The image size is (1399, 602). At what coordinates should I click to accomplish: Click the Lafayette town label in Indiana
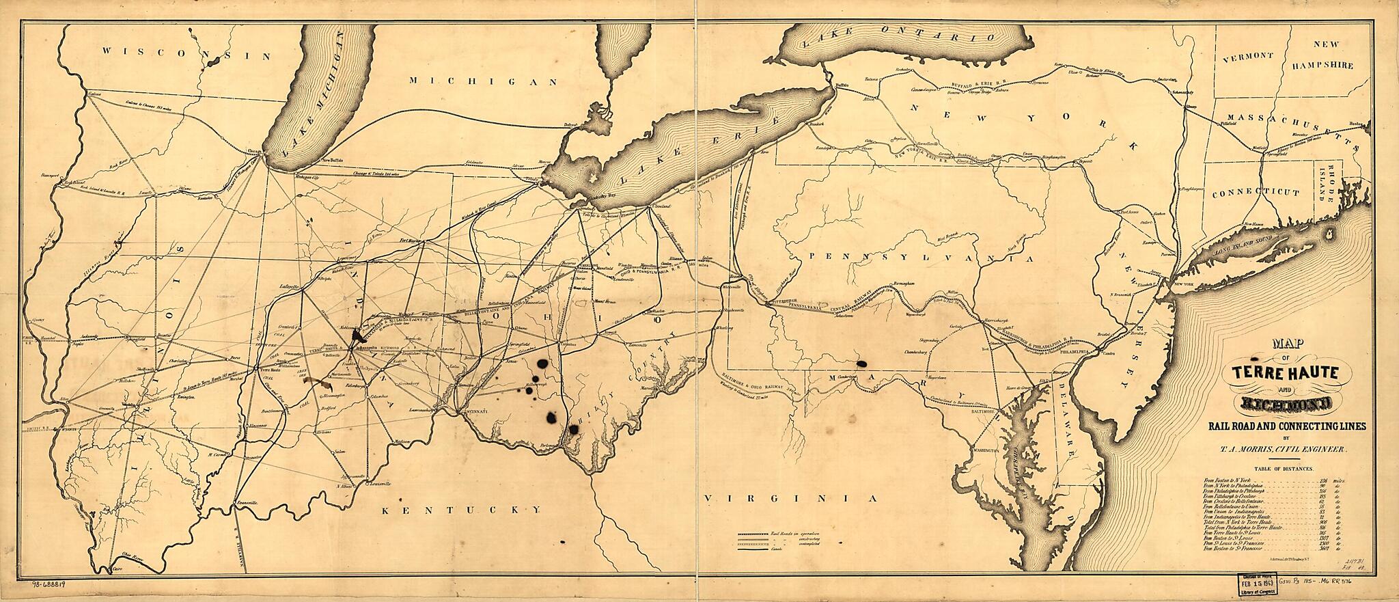(289, 287)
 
